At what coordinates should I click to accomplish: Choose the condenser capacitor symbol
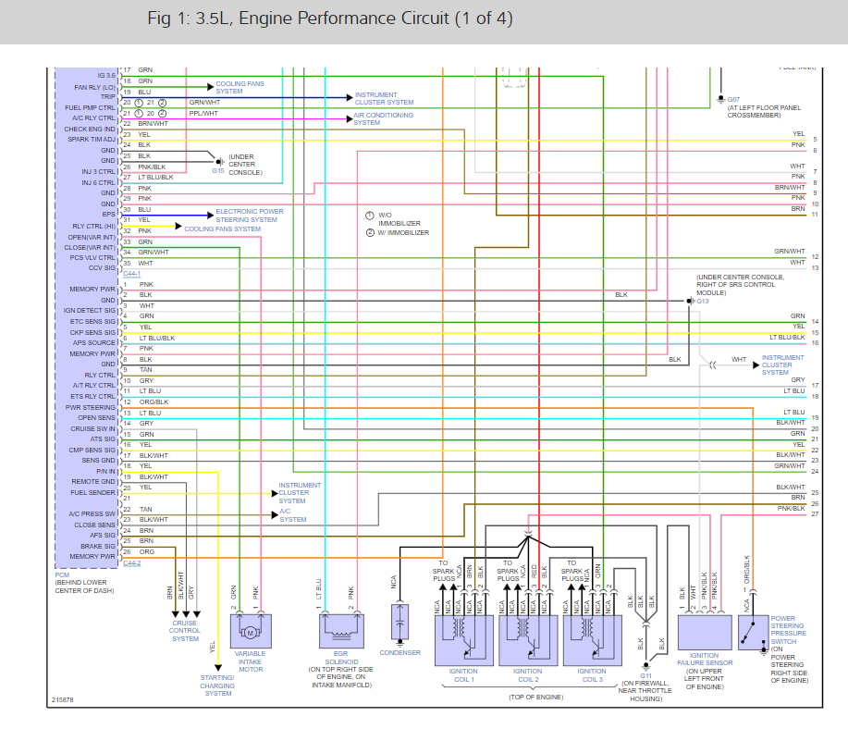coord(399,625)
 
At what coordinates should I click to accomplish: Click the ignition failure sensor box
coord(706,633)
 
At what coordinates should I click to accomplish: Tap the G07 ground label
coord(733,98)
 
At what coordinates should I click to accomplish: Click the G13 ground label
coord(702,301)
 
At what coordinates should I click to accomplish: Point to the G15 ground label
coord(218,170)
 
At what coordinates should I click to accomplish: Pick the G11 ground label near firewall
coord(645,675)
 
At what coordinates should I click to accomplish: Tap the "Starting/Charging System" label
coord(218,685)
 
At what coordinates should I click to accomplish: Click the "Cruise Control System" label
coord(186,631)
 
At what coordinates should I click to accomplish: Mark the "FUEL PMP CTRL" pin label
coord(91,107)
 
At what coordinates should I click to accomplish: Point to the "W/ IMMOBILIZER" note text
coord(399,233)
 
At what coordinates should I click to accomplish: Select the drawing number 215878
coord(63,700)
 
